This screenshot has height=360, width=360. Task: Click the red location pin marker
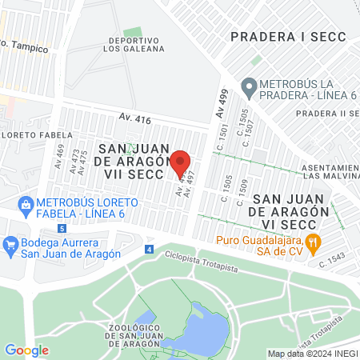point(180,162)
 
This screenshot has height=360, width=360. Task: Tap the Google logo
point(26,350)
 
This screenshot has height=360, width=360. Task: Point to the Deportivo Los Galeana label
point(134,43)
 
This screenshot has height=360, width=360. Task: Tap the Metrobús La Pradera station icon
point(249,86)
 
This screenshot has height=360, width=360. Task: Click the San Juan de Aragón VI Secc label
point(290,211)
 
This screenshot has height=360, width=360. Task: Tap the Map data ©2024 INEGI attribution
point(311,354)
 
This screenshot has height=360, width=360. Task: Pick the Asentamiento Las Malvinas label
point(330,170)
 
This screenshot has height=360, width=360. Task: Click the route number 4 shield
point(150,250)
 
